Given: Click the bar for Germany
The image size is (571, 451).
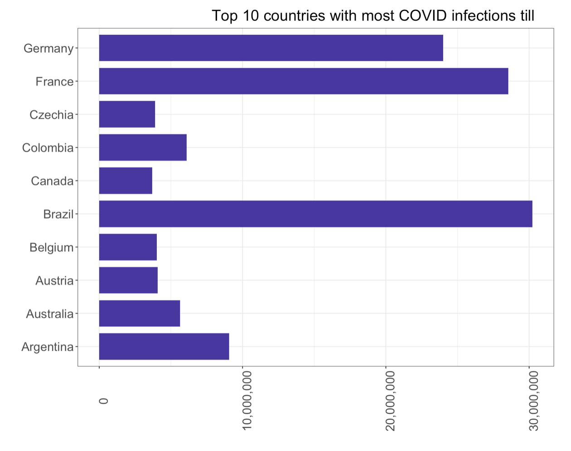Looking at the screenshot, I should tap(271, 48).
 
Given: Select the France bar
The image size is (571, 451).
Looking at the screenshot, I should tap(304, 81).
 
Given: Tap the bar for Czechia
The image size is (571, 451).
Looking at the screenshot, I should tap(127, 114).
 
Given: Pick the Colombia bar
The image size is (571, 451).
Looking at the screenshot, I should tap(143, 148).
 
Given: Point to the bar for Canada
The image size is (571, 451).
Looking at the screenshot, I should tap(126, 181).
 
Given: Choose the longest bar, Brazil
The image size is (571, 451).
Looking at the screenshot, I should tap(315, 214).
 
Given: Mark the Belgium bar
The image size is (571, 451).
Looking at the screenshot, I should tap(128, 247).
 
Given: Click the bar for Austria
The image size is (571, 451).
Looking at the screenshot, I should tap(128, 280).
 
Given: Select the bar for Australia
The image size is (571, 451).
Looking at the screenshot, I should tap(140, 313).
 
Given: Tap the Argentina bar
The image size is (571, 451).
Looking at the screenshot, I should tap(164, 346).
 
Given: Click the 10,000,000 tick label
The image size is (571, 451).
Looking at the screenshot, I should tap(247, 400).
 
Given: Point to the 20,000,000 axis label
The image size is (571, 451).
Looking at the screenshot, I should tap(391, 400).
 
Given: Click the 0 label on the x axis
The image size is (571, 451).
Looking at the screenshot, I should tap(104, 401).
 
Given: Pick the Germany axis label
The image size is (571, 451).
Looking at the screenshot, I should tap(48, 48).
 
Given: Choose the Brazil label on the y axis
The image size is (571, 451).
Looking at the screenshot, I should tap(58, 214).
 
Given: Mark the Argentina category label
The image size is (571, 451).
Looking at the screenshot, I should tap(47, 347).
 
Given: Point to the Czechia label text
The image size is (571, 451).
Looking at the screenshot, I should tap(51, 115).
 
